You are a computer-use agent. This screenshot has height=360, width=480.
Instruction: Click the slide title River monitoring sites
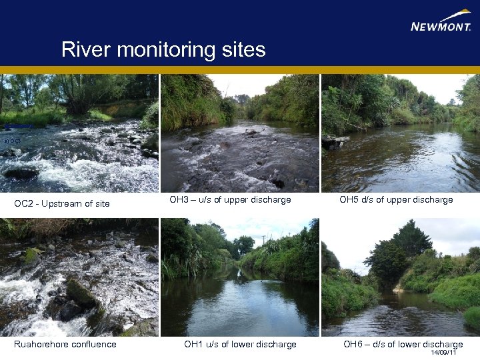pyautogui.click(x=163, y=49)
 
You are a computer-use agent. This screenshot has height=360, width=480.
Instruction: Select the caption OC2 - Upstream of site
pyautogui.click(x=62, y=203)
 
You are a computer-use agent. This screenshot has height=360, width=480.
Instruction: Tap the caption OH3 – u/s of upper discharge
pyautogui.click(x=230, y=200)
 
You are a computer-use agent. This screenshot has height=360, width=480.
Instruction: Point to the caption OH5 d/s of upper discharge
pyautogui.click(x=396, y=200)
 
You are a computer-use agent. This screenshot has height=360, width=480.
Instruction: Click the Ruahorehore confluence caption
pyautogui.click(x=65, y=344)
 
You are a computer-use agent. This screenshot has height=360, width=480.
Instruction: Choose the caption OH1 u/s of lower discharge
pyautogui.click(x=240, y=344)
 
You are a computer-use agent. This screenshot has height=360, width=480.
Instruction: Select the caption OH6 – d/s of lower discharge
pyautogui.click(x=403, y=344)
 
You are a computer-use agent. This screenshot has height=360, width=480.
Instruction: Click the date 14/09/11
pyautogui.click(x=443, y=352)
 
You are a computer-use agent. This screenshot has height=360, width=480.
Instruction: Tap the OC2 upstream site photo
pyautogui.click(x=79, y=133)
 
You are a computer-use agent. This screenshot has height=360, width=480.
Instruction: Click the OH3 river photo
pyautogui.click(x=239, y=133)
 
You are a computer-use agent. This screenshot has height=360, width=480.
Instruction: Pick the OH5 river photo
pyautogui.click(x=400, y=133)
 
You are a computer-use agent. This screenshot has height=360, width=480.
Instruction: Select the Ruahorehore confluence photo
pyautogui.click(x=79, y=277)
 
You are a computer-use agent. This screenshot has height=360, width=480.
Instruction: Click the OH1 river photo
pyautogui.click(x=239, y=277)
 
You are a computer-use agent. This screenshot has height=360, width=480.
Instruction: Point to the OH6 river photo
pyautogui.click(x=400, y=277)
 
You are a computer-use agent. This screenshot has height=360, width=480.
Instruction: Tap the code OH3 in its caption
pyautogui.click(x=179, y=200)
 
